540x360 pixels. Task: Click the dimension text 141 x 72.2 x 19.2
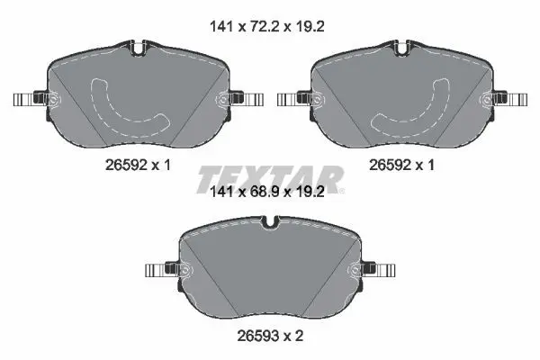[x=267, y=26]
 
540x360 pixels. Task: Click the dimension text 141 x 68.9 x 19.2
[x=267, y=193]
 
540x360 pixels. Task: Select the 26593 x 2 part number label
[x=270, y=336]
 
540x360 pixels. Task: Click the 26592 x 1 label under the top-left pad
[x=138, y=166]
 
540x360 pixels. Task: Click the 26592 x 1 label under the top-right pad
[x=402, y=166]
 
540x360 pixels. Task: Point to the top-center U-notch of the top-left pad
[x=138, y=48]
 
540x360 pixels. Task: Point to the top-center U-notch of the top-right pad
[x=402, y=48]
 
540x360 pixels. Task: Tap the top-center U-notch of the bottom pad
[x=270, y=222]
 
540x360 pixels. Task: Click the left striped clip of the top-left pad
[x=24, y=100]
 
